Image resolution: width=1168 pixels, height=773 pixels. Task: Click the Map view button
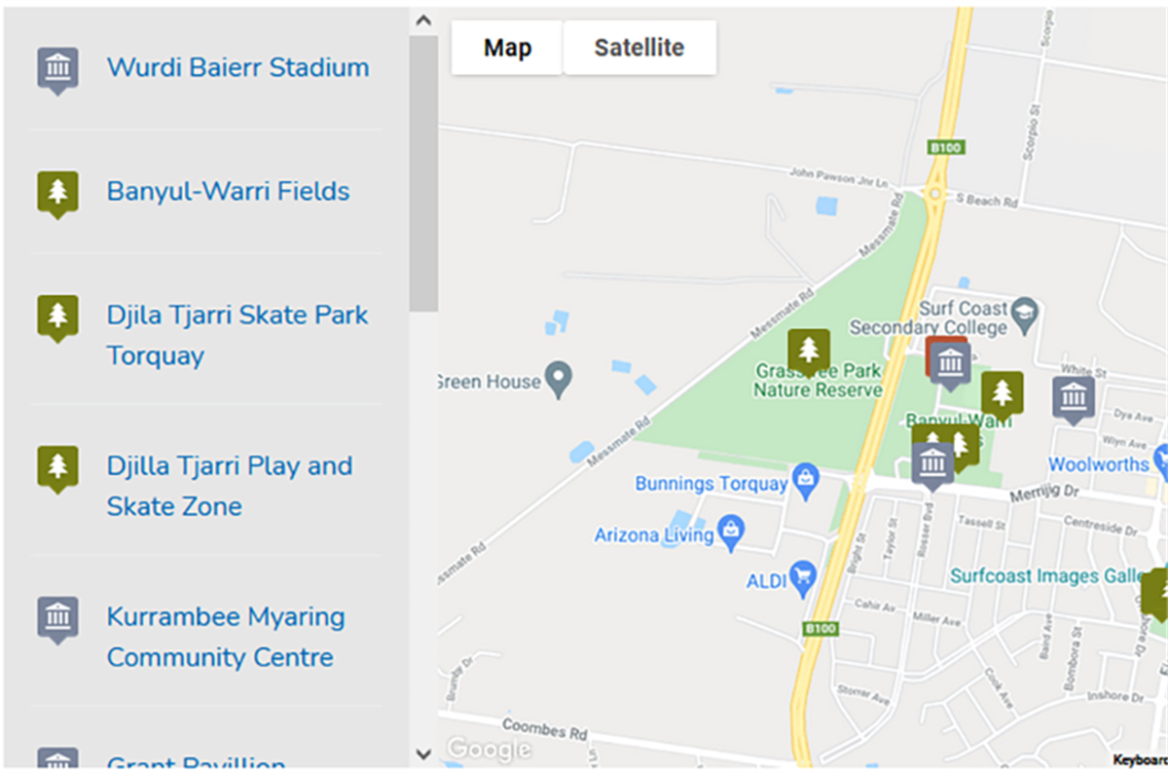point(507,48)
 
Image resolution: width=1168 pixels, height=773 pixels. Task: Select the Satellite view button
point(639,48)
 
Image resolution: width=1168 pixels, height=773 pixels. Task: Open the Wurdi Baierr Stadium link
point(237,68)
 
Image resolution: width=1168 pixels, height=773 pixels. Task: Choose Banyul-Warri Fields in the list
point(228,192)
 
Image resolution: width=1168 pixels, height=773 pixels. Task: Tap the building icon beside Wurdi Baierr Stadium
point(58,69)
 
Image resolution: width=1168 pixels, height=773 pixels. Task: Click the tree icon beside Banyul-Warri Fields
point(58,193)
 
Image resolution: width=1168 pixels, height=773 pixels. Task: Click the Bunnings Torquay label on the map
point(711,484)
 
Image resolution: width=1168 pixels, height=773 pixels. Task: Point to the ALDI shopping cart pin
point(803,575)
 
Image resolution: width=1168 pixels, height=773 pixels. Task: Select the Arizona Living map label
point(654,535)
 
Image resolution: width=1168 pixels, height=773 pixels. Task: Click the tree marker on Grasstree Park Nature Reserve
point(808,350)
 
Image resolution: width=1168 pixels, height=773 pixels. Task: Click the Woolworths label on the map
point(1098,464)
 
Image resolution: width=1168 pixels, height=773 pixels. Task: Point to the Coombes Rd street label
point(545,729)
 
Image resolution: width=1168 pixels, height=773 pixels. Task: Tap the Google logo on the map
point(489,749)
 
